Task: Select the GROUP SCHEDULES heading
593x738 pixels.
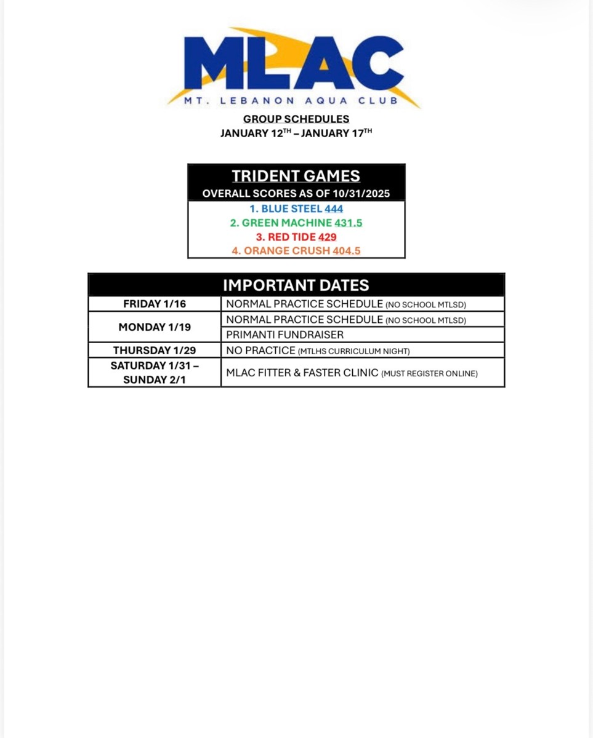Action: pyautogui.click(x=296, y=119)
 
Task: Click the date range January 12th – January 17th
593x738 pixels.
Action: pyautogui.click(x=296, y=133)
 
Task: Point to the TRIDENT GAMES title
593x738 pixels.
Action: pyautogui.click(x=296, y=176)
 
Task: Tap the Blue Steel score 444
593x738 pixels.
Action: pyautogui.click(x=334, y=209)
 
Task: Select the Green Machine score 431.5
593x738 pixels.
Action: pyautogui.click(x=348, y=223)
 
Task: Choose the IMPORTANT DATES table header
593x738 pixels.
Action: pyautogui.click(x=296, y=285)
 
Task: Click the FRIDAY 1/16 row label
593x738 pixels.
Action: pyautogui.click(x=155, y=304)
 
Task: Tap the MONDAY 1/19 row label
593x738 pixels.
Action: pyautogui.click(x=155, y=327)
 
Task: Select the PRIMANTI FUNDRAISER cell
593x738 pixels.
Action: pyautogui.click(x=285, y=335)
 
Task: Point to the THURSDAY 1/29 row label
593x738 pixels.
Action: pyautogui.click(x=155, y=351)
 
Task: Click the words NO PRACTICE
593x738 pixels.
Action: pyautogui.click(x=261, y=351)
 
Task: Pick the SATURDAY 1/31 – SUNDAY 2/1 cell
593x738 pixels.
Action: pyautogui.click(x=155, y=373)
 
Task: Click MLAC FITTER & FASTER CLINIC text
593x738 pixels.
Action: pyautogui.click(x=302, y=373)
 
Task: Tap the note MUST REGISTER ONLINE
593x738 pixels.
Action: pyautogui.click(x=430, y=374)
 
